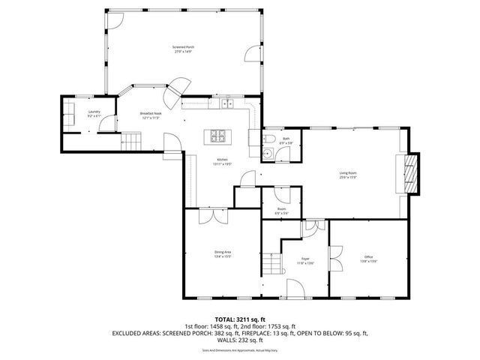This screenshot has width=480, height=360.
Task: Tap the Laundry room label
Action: (93, 114)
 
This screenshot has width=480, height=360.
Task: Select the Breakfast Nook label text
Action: (150, 115)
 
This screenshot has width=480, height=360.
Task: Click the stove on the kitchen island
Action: (218, 136)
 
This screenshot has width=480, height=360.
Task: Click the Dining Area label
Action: (222, 254)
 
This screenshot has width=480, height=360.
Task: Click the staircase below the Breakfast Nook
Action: (131, 140)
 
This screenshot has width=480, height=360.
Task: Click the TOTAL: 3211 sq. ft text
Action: (239, 319)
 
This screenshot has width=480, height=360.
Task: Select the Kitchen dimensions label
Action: (222, 163)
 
